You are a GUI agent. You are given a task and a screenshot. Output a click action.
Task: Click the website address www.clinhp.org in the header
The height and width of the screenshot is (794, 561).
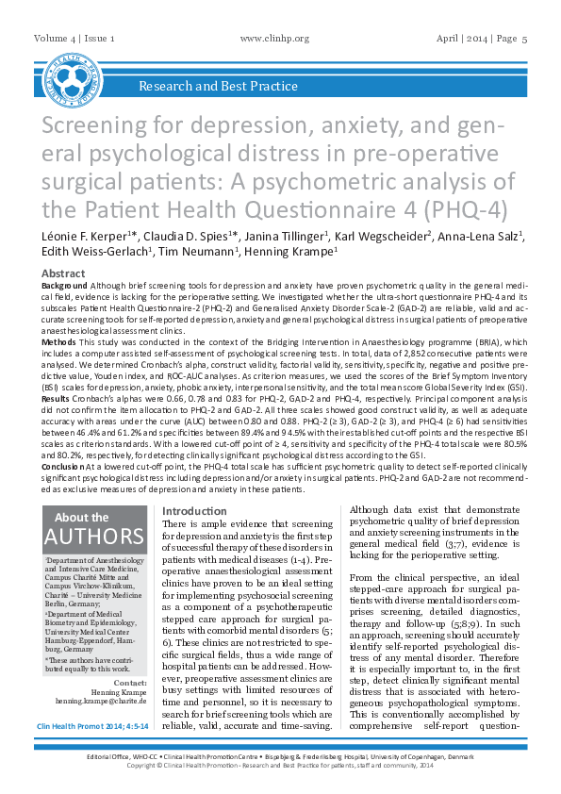pos(275,38)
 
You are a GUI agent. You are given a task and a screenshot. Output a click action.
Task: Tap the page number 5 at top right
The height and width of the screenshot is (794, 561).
pos(524,38)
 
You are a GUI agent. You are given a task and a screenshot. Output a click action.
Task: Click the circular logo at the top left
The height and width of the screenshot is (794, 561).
pos(74,74)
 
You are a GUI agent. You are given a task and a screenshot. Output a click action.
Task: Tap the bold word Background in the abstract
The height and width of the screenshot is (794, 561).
pos(65,284)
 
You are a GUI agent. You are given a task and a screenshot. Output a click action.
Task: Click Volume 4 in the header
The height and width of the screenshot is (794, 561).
pos(56,38)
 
